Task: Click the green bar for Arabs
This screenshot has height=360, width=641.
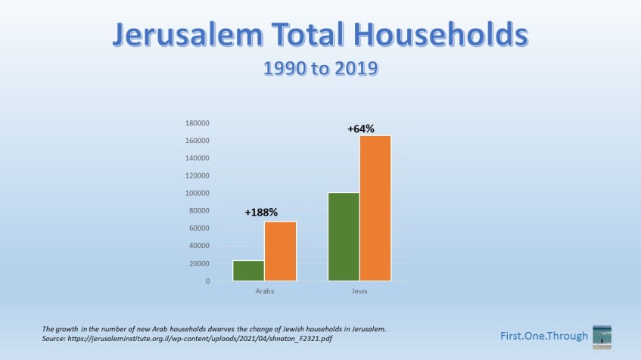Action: pyautogui.click(x=248, y=271)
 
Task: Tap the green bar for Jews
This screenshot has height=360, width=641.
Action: pyautogui.click(x=344, y=237)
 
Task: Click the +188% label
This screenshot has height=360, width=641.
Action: pyautogui.click(x=261, y=213)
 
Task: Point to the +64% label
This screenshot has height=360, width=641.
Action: pyautogui.click(x=361, y=129)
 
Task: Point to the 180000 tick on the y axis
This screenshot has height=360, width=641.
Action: pyautogui.click(x=198, y=123)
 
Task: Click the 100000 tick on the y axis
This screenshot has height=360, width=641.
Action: pyautogui.click(x=198, y=194)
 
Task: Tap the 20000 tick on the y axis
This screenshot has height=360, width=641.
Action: pyautogui.click(x=200, y=263)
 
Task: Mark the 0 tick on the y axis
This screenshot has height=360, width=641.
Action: pyautogui.click(x=207, y=281)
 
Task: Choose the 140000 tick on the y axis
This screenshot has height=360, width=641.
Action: pyautogui.click(x=198, y=158)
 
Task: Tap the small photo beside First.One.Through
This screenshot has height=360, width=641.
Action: pyautogui.click(x=602, y=337)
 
